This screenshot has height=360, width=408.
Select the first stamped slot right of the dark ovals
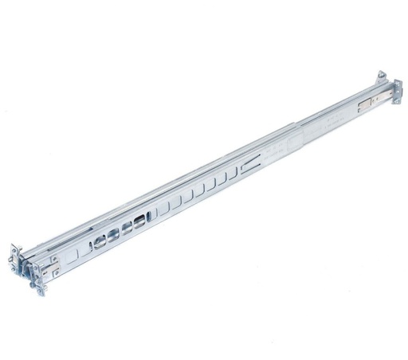159,213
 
